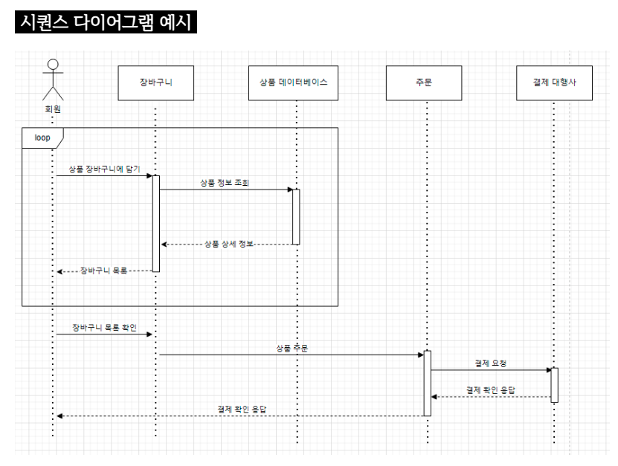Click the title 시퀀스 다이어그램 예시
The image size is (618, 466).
click(106, 22)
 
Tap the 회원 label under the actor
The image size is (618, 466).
click(53, 109)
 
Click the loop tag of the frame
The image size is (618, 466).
click(42, 138)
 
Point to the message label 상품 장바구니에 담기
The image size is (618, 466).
click(104, 169)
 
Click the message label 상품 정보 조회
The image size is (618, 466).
click(225, 183)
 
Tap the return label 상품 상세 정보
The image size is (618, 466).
click(228, 245)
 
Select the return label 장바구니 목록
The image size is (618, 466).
click(103, 271)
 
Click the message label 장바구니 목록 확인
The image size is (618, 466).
click(104, 328)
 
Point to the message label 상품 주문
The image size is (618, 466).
click(292, 349)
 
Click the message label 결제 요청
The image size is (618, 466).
click(490, 363)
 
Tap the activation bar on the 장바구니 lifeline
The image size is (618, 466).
click(156, 224)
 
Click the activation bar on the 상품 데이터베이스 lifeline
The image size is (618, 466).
click(296, 217)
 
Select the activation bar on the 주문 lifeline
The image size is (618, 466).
click(427, 384)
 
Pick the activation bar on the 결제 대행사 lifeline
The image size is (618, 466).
click(555, 385)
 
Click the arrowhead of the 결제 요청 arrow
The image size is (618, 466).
click(549, 370)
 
